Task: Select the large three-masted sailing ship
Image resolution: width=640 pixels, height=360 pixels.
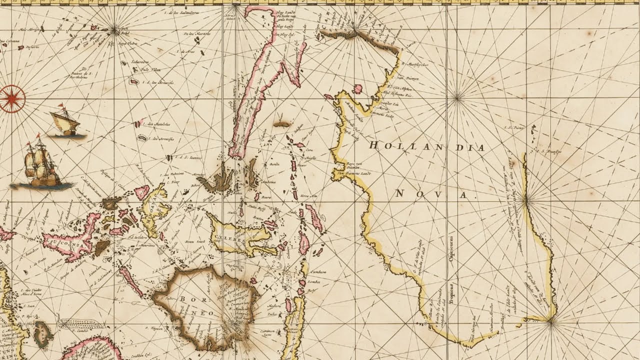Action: click(42, 162)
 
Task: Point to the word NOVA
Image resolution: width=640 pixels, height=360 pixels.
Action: click(433, 194)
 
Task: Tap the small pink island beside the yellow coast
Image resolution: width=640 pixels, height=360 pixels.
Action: click(357, 89)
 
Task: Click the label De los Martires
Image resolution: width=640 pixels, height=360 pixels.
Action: click(196, 34)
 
